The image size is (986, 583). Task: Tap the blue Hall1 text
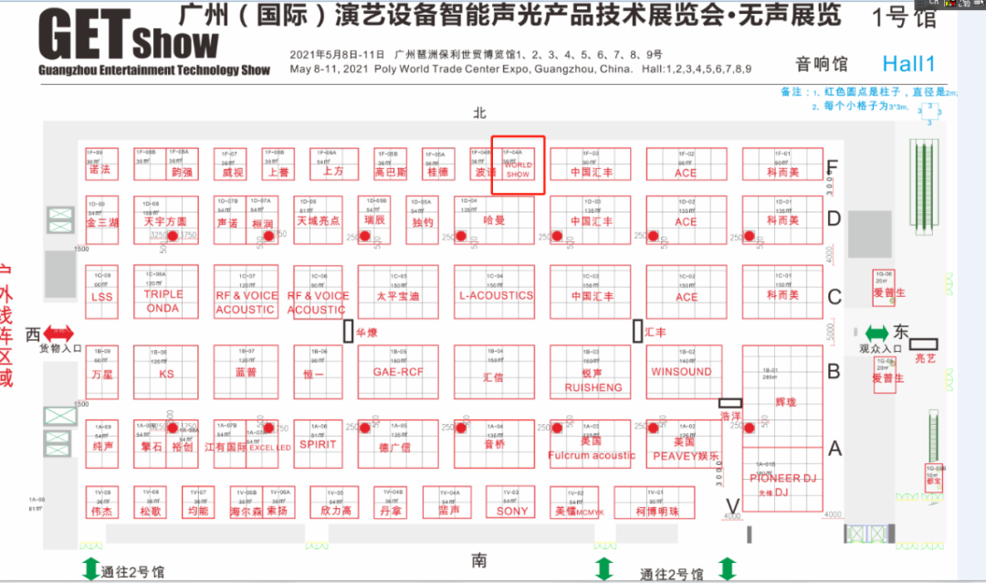pyautogui.click(x=909, y=63)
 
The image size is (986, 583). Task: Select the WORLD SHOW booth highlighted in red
pyautogui.click(x=518, y=166)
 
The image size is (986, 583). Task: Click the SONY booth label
pyautogui.click(x=513, y=512)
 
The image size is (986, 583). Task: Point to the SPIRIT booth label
pyautogui.click(x=318, y=444)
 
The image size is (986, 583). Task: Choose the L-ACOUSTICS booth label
pyautogui.click(x=496, y=295)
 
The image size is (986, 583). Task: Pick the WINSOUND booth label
pyautogui.click(x=681, y=372)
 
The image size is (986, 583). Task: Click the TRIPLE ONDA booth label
pyautogui.click(x=163, y=302)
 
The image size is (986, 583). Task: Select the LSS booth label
pyautogui.click(x=102, y=297)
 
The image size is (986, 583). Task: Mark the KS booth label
pyautogui.click(x=166, y=374)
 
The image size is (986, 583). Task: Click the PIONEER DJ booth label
pyautogui.click(x=782, y=478)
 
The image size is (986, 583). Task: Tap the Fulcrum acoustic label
pyautogui.click(x=592, y=455)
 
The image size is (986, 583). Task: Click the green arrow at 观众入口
pyautogui.click(x=876, y=334)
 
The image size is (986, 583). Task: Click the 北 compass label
pyautogui.click(x=479, y=112)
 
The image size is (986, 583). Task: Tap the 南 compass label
pyautogui.click(x=479, y=560)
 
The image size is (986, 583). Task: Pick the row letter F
pyautogui.click(x=832, y=168)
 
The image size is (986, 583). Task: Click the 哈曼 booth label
pyautogui.click(x=494, y=220)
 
